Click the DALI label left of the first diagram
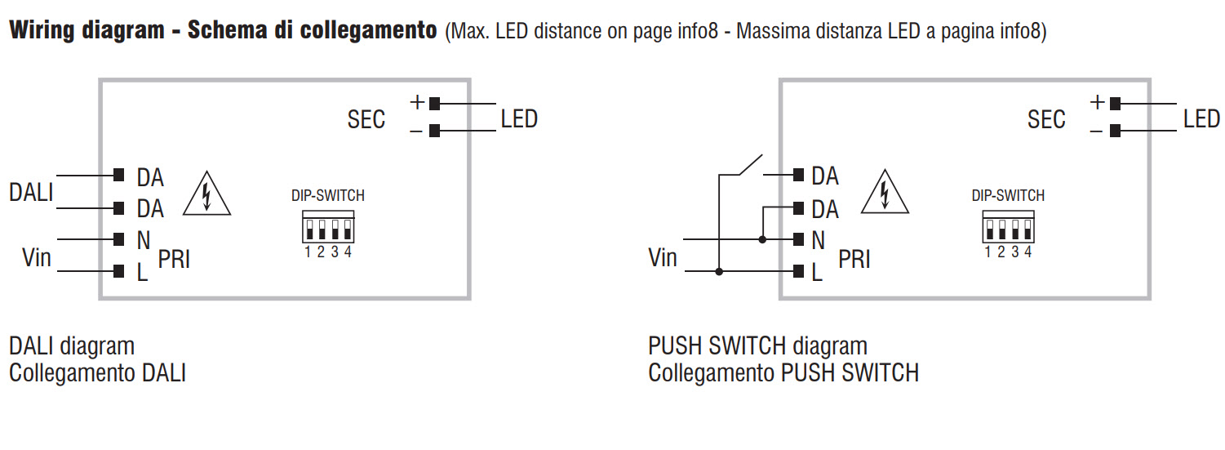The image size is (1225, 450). point(31,193)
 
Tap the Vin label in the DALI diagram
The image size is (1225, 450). point(36,258)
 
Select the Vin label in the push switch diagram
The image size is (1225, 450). point(662,258)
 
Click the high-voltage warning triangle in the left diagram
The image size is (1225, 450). point(206,194)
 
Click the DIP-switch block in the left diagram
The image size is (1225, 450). point(326,226)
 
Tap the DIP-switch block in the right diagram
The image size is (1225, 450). point(1008,226)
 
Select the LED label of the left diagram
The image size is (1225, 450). point(519,119)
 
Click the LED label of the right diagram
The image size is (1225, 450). point(1201,119)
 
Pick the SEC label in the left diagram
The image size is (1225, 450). point(366,120)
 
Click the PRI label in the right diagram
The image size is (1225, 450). point(854,260)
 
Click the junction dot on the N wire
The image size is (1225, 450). point(762,239)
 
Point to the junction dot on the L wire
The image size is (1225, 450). point(719,271)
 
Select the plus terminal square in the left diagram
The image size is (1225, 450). point(434,104)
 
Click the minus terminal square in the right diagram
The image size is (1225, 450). point(1115,131)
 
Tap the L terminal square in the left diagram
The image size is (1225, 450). point(119,271)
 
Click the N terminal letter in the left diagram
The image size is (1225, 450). point(143,240)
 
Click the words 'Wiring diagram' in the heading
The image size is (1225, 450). point(87,31)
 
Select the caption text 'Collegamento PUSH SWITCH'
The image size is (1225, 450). point(783,373)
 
